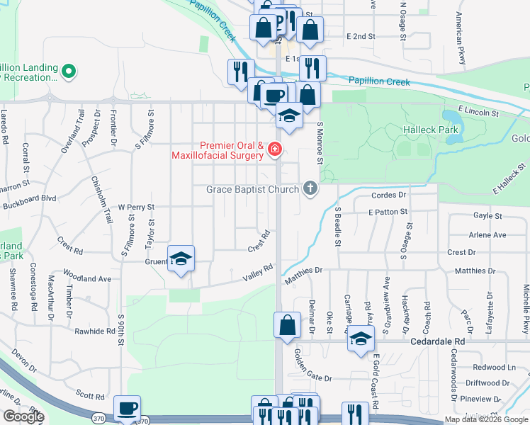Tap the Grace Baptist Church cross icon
(x=309, y=189)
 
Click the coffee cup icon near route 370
(x=128, y=409)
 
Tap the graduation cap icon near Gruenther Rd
(x=181, y=259)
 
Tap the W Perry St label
(x=135, y=207)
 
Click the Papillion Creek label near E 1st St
(x=379, y=82)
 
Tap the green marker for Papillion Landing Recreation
(x=69, y=71)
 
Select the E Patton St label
(x=388, y=212)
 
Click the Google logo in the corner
(x=23, y=416)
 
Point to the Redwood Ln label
(x=495, y=368)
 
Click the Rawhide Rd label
(x=96, y=331)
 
